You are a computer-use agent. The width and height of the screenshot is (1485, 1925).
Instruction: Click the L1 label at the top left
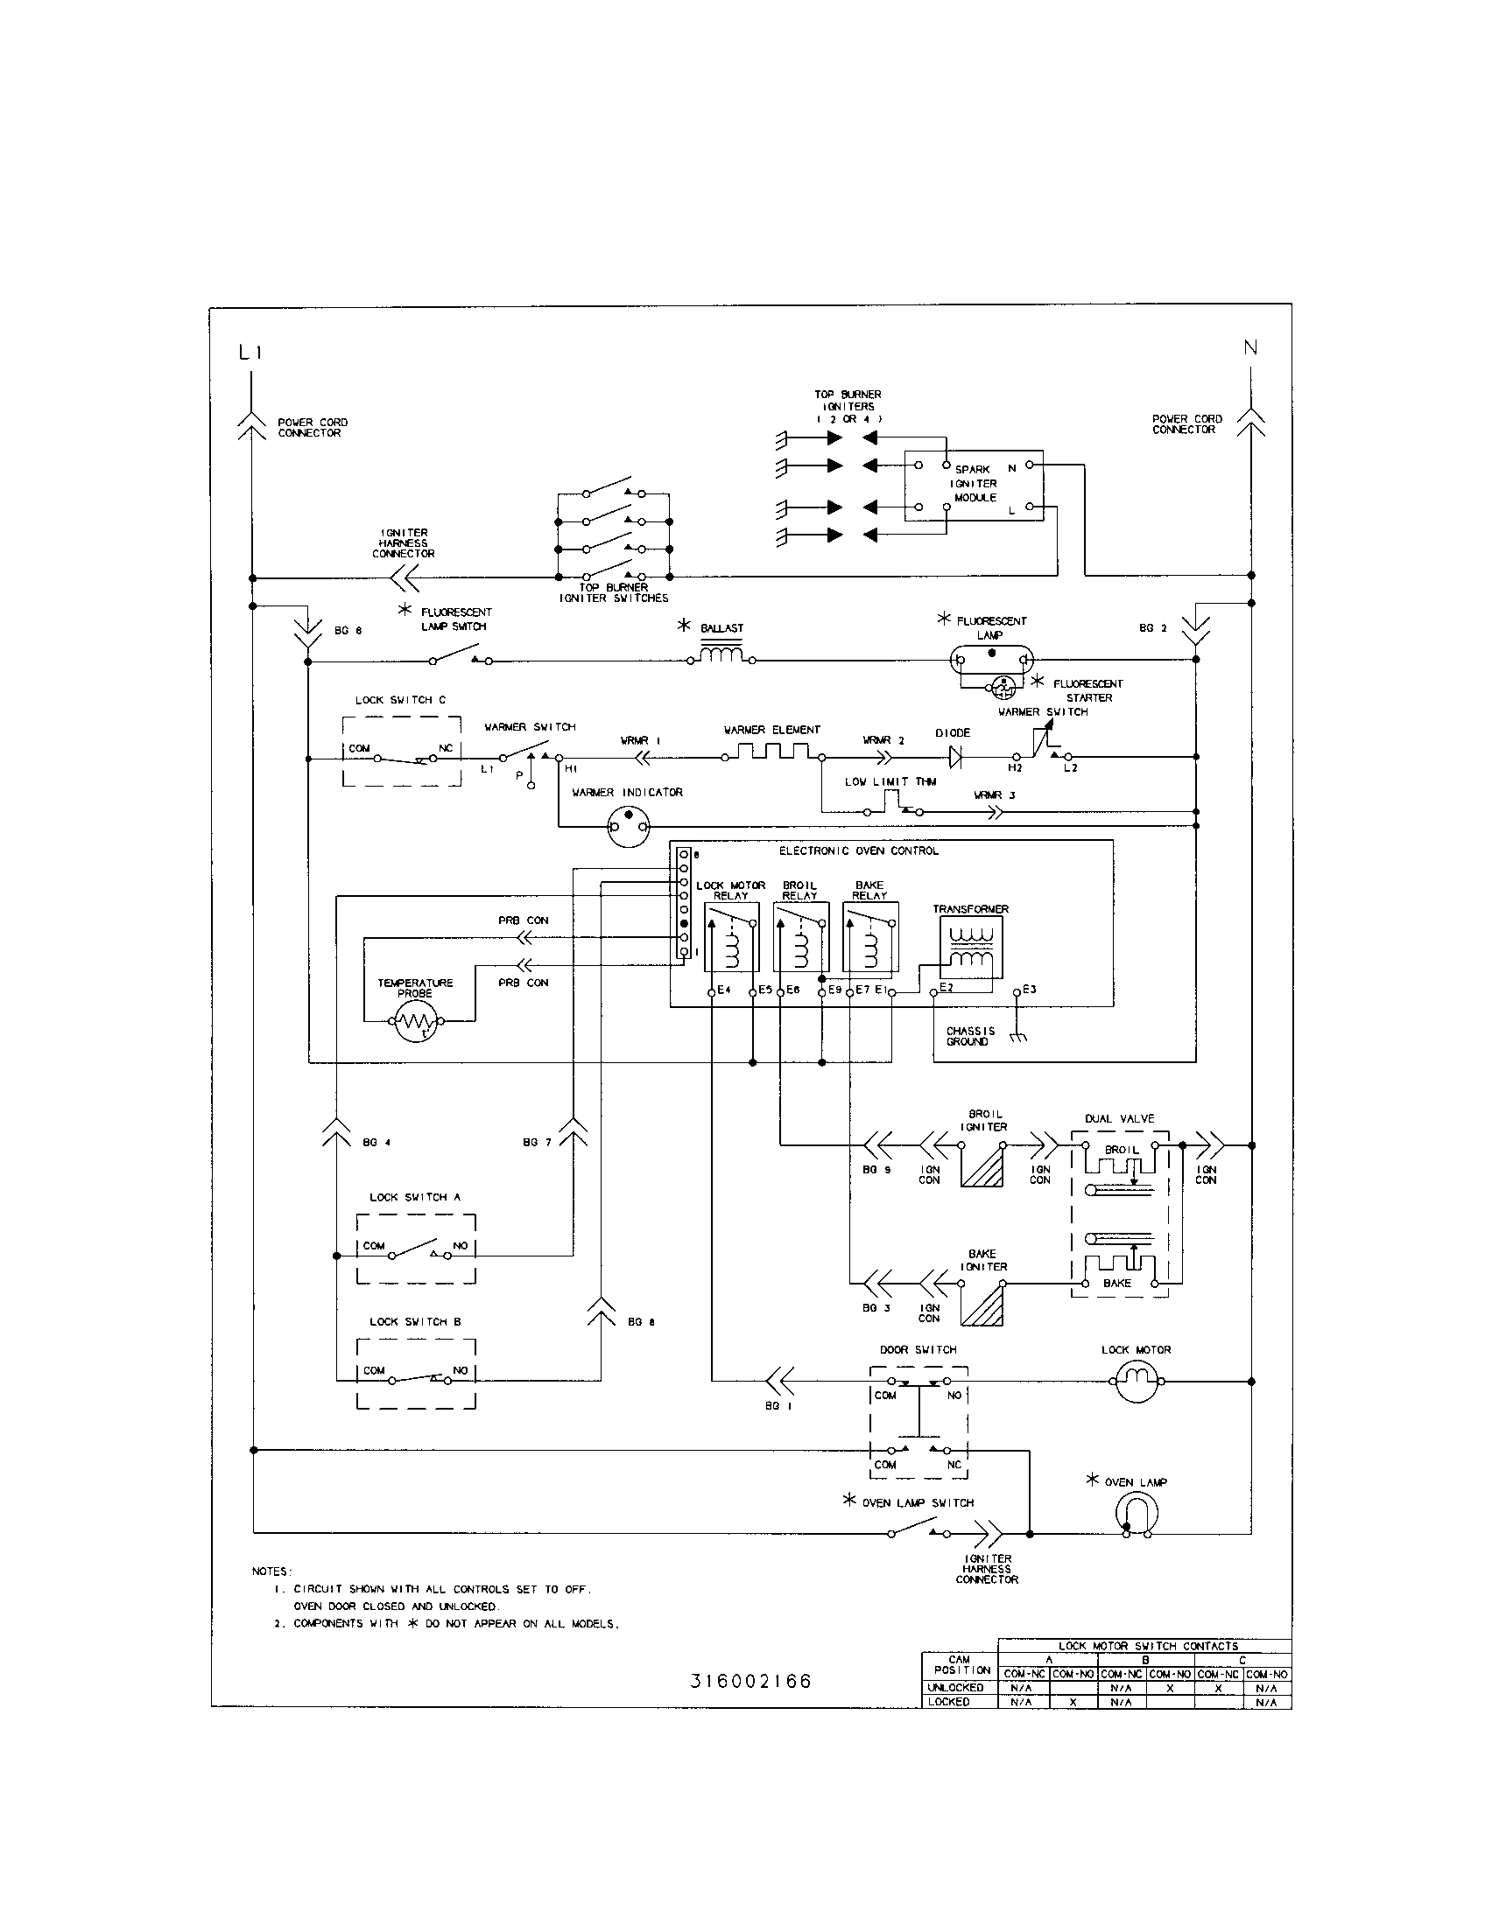[x=250, y=353]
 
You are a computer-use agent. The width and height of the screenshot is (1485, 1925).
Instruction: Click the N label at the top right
[x=1250, y=348]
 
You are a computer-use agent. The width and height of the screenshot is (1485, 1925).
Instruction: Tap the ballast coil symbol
[x=721, y=655]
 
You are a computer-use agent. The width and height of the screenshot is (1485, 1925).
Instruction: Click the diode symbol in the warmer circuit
[x=954, y=755]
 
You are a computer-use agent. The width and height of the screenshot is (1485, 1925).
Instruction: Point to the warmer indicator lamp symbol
[x=628, y=826]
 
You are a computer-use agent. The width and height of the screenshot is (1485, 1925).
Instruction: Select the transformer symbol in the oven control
[x=970, y=948]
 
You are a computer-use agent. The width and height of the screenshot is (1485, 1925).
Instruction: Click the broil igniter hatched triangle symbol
[x=982, y=1165]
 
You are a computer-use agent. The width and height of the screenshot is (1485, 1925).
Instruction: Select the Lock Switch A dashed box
[x=415, y=1248]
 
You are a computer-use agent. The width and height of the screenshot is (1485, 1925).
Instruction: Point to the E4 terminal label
[x=724, y=990]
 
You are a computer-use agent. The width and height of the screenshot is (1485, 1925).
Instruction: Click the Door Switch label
[x=917, y=1349]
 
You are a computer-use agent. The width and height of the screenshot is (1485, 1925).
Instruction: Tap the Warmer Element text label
[x=771, y=730]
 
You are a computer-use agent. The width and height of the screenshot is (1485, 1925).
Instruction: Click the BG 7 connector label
[x=536, y=1142]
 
